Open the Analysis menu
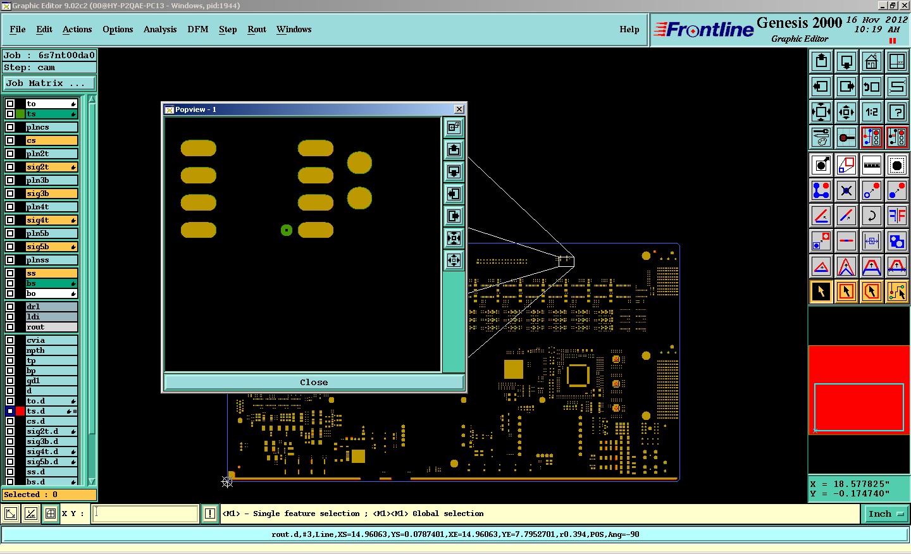160,29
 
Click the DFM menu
197,29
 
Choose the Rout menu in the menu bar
257,29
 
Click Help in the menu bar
629,29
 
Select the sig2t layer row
51,167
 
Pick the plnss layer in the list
51,260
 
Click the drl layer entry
51,307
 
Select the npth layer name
51,350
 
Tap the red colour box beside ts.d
20,411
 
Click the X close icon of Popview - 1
459,109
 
